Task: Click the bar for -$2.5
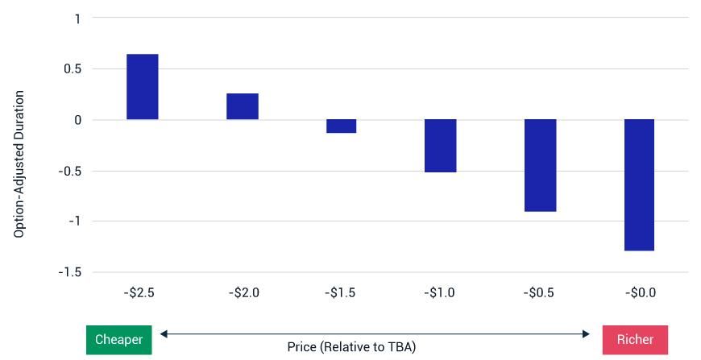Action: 143,87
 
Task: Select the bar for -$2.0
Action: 243,106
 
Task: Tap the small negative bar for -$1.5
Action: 342,126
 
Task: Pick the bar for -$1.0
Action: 441,146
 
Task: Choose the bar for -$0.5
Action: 540,165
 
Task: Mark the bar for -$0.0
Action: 640,185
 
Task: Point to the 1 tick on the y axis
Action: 77,19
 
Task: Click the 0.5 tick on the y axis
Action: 73,69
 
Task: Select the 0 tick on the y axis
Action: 77,120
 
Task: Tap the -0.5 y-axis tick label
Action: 70,171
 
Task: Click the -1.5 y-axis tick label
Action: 70,272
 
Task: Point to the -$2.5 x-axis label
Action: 139,293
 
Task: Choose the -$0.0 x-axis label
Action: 640,293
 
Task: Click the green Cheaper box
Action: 118,340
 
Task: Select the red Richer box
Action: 635,340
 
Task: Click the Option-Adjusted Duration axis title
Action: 19,164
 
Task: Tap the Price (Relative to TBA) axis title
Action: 351,347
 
